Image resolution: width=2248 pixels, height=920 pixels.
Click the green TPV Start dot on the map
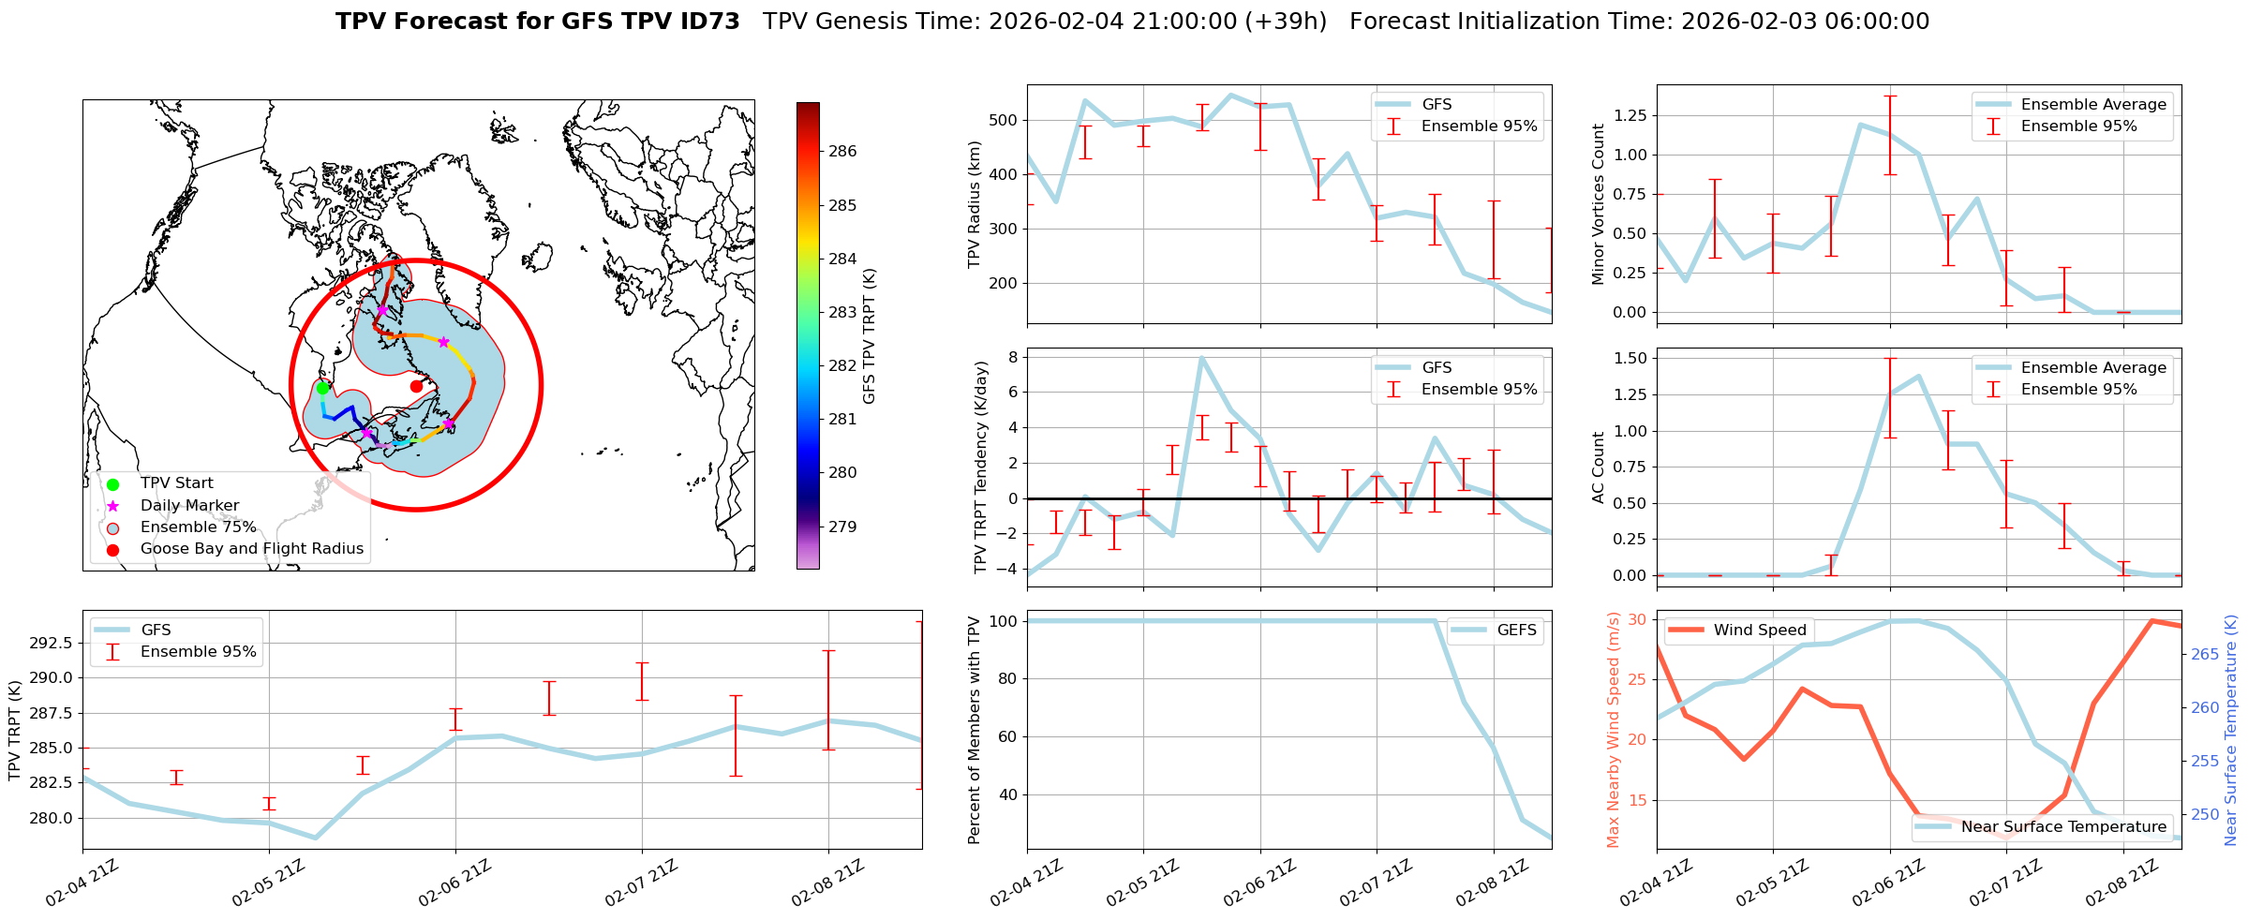322,388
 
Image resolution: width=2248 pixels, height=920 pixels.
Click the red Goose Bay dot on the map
416,386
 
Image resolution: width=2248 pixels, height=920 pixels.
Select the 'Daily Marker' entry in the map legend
189,505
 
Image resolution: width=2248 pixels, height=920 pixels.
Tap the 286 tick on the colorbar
841,152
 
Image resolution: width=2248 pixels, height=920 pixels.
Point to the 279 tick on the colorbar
841,527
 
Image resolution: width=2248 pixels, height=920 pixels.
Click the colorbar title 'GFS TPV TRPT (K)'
870,336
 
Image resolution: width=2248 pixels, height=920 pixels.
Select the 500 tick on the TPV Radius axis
1004,120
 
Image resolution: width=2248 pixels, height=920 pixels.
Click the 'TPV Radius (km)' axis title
975,204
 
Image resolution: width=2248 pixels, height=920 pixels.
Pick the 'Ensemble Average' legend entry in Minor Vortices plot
2092,104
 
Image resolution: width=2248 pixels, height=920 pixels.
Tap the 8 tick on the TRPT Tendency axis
1012,357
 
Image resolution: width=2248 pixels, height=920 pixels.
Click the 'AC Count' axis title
1599,467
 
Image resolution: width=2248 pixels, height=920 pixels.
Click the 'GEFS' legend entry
1516,630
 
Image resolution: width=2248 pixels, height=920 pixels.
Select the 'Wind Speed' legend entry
1759,630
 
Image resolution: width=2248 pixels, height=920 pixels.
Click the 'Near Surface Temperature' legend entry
2063,826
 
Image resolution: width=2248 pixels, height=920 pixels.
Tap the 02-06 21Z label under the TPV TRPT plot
454,883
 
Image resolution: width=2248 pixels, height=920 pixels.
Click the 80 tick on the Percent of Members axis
1004,678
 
